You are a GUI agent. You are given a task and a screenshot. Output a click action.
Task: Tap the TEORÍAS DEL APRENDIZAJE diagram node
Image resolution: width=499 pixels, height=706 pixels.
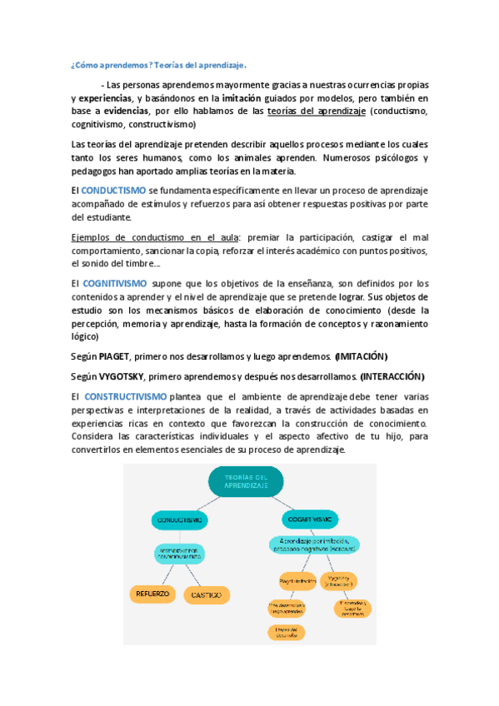tap(246, 480)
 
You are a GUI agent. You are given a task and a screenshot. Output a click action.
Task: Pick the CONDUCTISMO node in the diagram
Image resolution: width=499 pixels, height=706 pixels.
tap(179, 520)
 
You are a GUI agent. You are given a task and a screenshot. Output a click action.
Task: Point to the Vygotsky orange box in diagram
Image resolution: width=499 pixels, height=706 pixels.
tap(338, 579)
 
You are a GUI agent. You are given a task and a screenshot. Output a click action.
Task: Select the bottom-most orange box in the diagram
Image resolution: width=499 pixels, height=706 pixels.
tap(286, 633)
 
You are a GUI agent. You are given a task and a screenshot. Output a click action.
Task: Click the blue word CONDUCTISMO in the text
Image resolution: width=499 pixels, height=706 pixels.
tap(113, 191)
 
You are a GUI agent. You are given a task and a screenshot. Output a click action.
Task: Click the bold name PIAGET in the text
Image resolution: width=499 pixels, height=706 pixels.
tap(114, 355)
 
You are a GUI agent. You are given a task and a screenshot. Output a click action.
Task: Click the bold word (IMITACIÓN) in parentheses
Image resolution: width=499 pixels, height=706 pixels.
tap(361, 355)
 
